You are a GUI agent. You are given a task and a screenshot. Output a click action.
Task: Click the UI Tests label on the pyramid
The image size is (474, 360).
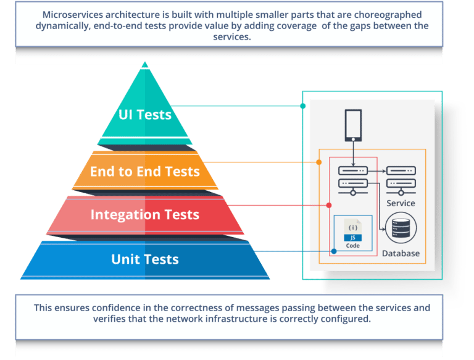point(145,114)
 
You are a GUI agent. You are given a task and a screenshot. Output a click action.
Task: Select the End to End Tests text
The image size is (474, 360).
point(145,172)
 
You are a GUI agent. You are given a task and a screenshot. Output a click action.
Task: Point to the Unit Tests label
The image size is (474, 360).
point(145,259)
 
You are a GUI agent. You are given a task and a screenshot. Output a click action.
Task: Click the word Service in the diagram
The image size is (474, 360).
point(401,203)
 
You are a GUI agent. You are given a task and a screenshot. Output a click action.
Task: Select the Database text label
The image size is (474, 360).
point(401,253)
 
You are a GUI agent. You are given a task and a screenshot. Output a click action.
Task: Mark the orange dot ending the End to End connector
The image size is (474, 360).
point(319,162)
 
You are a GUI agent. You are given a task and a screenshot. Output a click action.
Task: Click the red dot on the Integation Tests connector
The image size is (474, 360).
point(329,204)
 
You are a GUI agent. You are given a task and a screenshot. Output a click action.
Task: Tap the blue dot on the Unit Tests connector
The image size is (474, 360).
point(334,251)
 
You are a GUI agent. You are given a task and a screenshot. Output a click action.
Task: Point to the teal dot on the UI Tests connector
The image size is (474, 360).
point(302,106)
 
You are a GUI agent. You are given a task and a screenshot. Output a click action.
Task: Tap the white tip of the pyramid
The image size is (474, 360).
point(145,65)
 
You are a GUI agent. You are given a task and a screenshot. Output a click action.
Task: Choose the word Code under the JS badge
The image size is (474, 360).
point(353,245)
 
